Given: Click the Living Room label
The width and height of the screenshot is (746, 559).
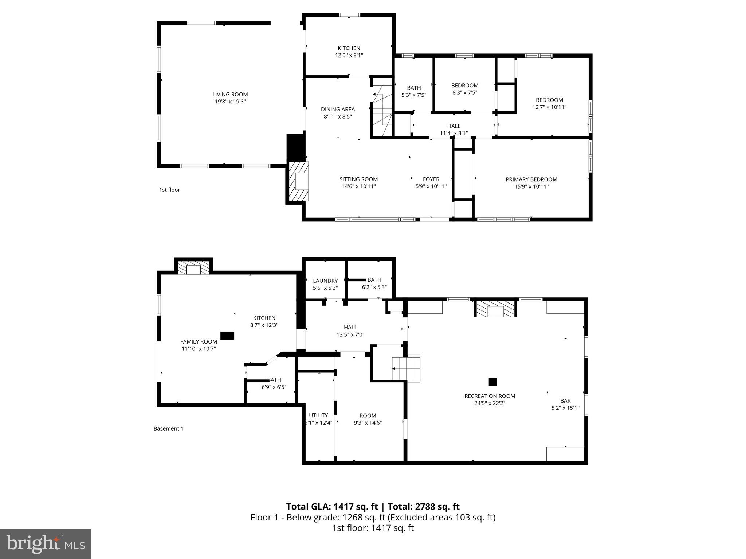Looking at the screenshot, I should click(x=230, y=95).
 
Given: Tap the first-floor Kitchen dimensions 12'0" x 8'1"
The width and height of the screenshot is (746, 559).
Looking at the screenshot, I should click(x=349, y=55).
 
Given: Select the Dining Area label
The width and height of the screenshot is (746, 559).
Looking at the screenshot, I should click(x=338, y=109).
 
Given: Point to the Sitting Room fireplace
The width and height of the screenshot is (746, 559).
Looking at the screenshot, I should click(x=299, y=181).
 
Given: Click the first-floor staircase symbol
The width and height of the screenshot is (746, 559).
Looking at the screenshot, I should click(x=382, y=109).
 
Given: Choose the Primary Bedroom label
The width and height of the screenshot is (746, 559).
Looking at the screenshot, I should click(x=531, y=179).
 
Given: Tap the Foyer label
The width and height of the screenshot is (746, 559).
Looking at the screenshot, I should click(x=431, y=179).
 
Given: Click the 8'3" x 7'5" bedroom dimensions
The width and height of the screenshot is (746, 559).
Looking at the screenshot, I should click(x=464, y=93).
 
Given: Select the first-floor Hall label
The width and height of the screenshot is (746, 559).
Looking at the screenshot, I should click(x=454, y=126).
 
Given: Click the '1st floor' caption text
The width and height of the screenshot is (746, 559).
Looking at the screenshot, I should click(x=169, y=190).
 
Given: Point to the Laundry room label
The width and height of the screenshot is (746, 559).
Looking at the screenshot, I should click(x=325, y=281).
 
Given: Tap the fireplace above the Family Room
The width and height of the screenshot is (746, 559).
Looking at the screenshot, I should click(x=194, y=268).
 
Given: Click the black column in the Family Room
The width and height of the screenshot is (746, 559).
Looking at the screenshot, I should click(x=227, y=336).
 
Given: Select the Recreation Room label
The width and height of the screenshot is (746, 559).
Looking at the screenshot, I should click(x=490, y=396).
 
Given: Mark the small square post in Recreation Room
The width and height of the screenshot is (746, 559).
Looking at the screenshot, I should click(x=492, y=382).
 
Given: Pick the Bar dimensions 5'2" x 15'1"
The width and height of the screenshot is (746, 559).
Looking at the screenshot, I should click(x=565, y=408).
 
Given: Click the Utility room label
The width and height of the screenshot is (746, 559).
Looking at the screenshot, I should click(x=318, y=415).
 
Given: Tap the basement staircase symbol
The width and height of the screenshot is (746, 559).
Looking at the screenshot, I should click(x=406, y=368).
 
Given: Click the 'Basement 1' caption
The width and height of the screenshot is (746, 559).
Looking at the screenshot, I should click(x=168, y=428).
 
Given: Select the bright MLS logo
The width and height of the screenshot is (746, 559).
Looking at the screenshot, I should click(x=46, y=544).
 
